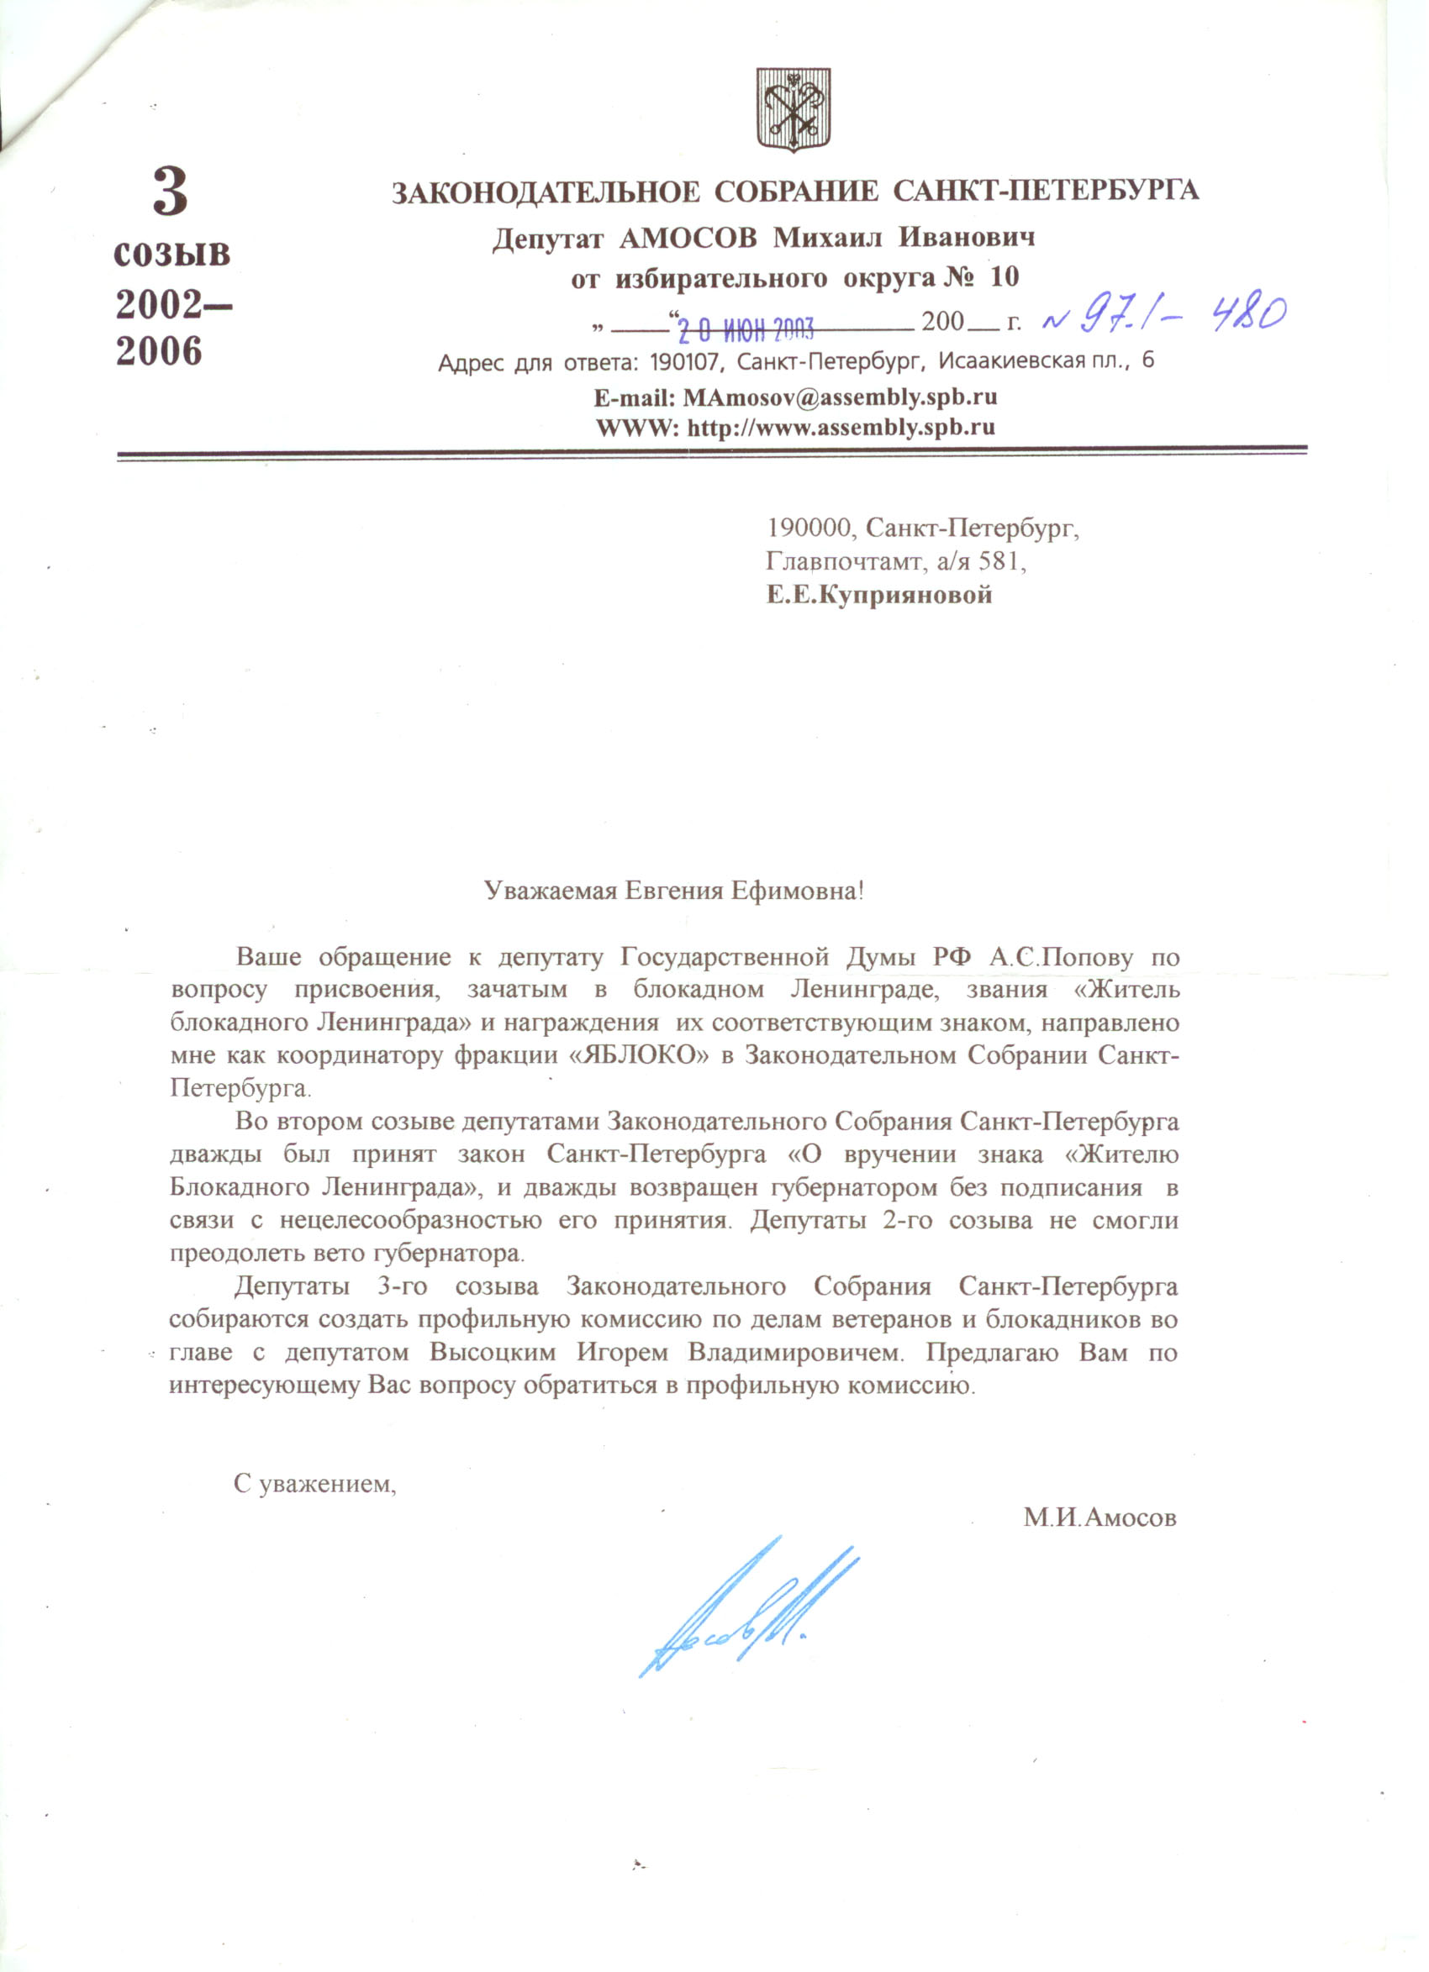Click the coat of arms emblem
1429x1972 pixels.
coord(793,111)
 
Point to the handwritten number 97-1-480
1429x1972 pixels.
coord(1162,314)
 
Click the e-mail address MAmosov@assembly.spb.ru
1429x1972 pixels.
coord(839,397)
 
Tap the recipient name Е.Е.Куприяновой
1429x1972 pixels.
coord(878,596)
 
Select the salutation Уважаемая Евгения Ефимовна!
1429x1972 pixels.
coord(674,891)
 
